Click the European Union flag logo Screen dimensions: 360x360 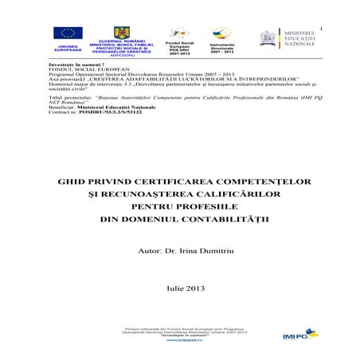click(68, 33)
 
